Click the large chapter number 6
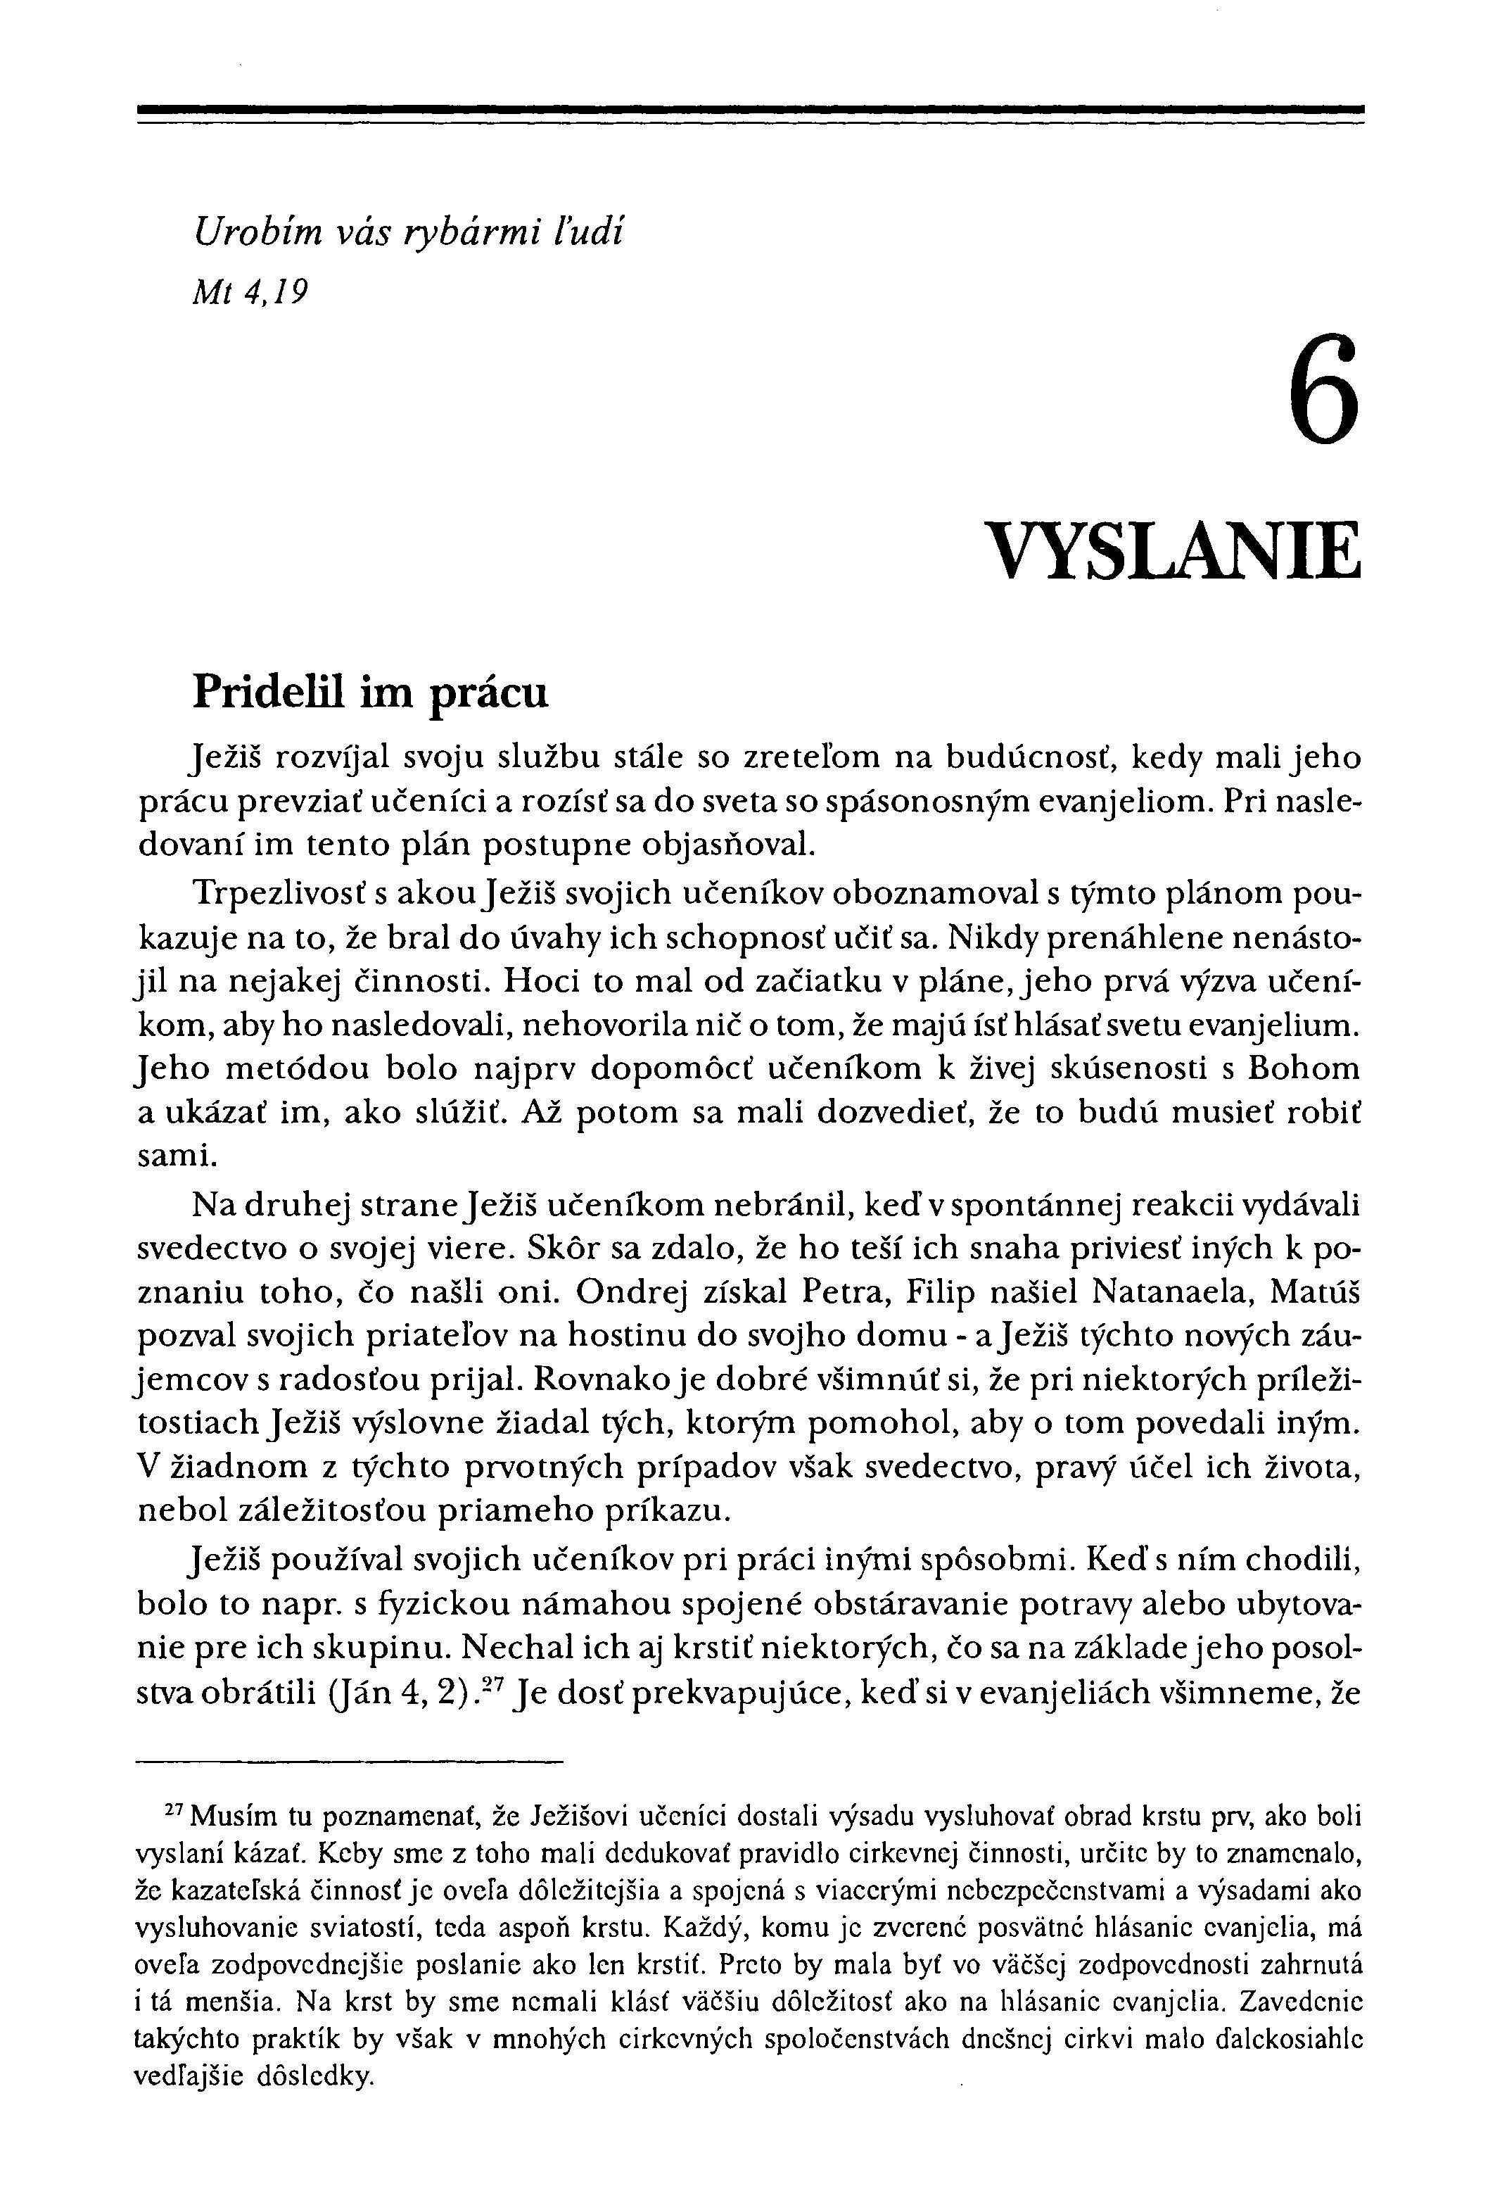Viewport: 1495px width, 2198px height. (1323, 390)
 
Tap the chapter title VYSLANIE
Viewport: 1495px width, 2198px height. (1173, 551)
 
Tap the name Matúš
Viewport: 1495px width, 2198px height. (1314, 1291)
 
